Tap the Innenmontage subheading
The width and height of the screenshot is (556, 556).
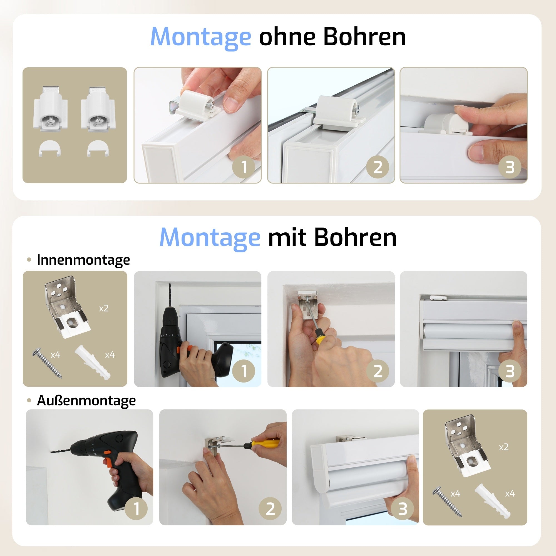pyautogui.click(x=83, y=260)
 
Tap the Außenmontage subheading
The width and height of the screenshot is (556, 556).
pyautogui.click(x=86, y=401)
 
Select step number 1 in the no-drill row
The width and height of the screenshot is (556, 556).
pyautogui.click(x=244, y=167)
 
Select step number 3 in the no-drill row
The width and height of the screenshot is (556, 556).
pyautogui.click(x=510, y=167)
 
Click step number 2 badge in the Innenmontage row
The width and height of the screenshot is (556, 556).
pyautogui.click(x=378, y=371)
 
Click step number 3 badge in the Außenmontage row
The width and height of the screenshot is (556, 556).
pyautogui.click(x=403, y=509)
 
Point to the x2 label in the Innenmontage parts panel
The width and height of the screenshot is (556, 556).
pyautogui.click(x=104, y=309)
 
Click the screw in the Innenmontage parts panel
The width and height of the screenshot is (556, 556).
pyautogui.click(x=48, y=363)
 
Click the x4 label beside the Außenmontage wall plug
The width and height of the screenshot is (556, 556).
pyautogui.click(x=510, y=494)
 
